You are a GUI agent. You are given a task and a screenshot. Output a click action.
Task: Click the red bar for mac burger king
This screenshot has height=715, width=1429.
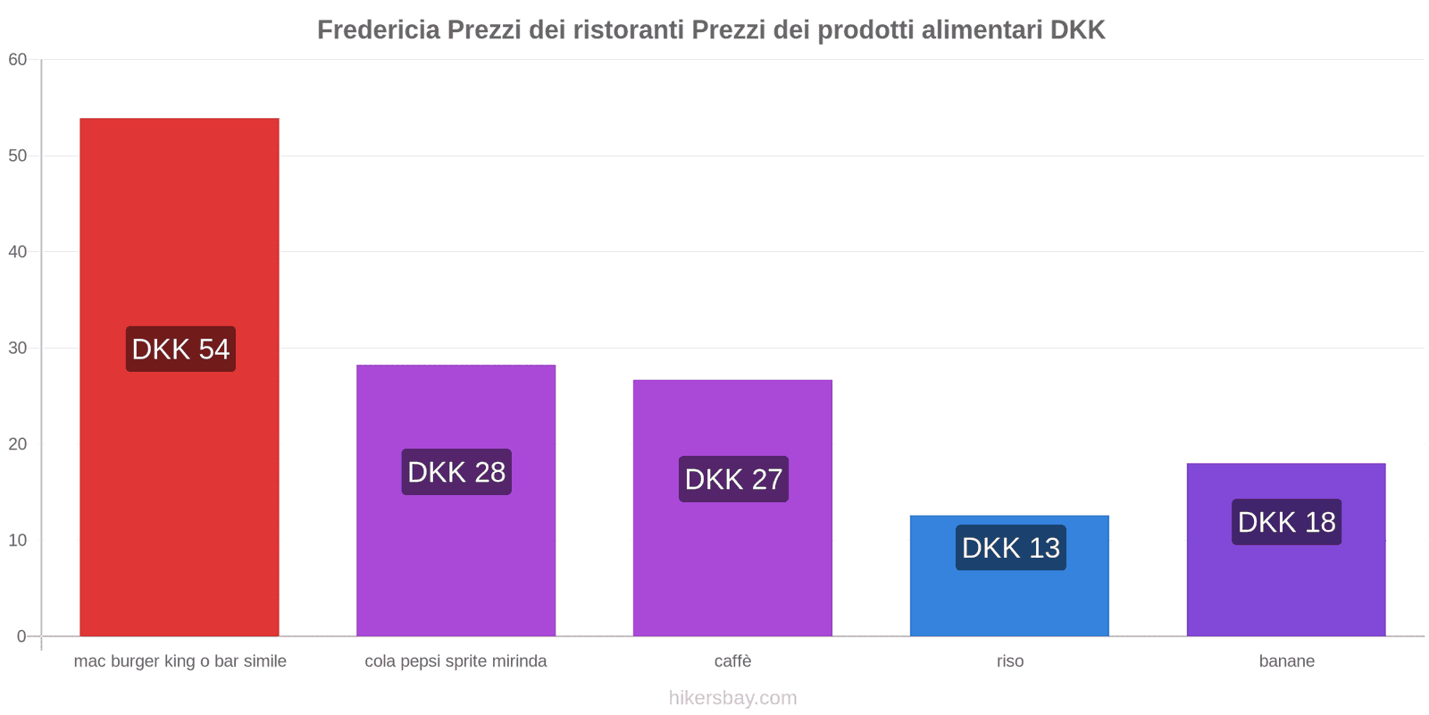[x=179, y=223]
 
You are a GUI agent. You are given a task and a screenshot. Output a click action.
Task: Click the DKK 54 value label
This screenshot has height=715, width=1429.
[x=180, y=349]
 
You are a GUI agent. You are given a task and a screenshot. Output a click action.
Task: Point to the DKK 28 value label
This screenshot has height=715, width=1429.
[x=456, y=472]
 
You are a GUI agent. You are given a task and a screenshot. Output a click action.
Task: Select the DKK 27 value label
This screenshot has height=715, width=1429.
[x=733, y=479]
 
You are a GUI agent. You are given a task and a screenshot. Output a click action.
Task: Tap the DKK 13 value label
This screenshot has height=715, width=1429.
[x=1010, y=547]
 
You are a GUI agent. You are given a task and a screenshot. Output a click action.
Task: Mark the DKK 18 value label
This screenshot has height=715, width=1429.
[x=1286, y=522]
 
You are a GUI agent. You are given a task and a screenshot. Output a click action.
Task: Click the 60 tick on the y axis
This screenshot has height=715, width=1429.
[x=18, y=60]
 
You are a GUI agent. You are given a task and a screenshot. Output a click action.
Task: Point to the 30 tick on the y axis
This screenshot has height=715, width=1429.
[x=18, y=348]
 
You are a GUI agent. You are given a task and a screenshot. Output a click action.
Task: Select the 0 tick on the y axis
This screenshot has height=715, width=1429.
[x=21, y=636]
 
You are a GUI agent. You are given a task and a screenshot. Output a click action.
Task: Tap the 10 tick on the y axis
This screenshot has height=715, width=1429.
[x=18, y=540]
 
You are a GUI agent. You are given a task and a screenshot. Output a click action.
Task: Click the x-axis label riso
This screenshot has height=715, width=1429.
[x=1010, y=661]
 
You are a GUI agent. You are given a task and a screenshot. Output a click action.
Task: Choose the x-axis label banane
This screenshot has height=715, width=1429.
[x=1286, y=661]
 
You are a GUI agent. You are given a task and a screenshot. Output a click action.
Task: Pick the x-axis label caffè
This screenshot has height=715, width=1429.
[x=732, y=661]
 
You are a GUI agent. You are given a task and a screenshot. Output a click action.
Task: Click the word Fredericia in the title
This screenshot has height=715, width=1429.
[x=379, y=29]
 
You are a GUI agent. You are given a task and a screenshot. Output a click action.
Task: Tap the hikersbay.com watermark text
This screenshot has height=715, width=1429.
[x=732, y=698]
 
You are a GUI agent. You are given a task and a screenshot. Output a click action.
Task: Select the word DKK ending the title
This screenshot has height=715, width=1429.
[x=1077, y=29]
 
